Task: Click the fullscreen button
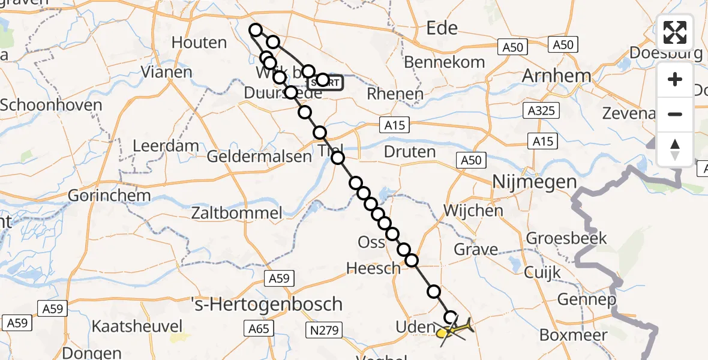pos(675,32)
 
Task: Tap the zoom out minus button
pos(675,114)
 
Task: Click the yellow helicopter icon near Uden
pos(454,329)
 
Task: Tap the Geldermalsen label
pos(259,157)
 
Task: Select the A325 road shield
pos(541,110)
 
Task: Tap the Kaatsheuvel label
pos(137,326)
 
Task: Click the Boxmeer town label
pos(574,334)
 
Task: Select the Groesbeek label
pos(566,238)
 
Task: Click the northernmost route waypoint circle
pos(256,30)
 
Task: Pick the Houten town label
pos(199,43)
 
